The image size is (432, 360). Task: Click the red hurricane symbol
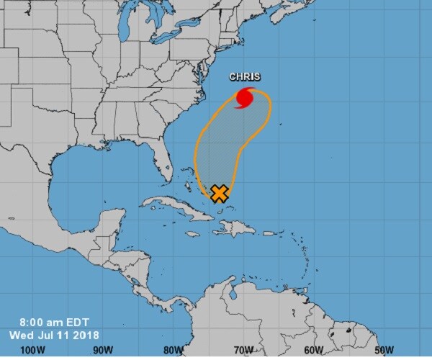246,96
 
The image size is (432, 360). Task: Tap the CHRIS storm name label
245,77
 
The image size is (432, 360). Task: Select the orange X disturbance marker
220,192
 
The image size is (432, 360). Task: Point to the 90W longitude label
104,350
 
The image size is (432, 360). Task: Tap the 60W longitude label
313,350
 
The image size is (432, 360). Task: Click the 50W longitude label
383,350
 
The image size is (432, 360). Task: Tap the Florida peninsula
163,163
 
